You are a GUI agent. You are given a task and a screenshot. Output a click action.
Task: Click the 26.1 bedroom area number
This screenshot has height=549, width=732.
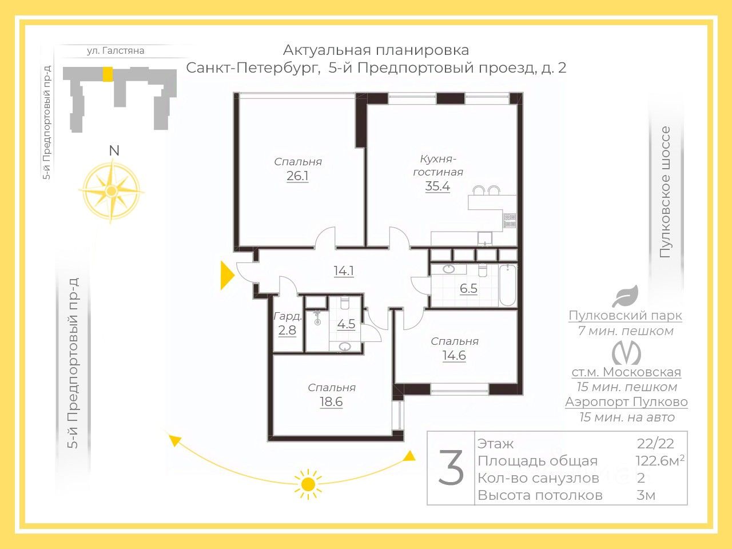point(297,176)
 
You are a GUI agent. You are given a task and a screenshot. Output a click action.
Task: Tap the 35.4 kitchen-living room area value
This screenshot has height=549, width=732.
point(437,186)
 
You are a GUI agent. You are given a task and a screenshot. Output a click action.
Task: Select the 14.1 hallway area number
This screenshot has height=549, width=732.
point(344,270)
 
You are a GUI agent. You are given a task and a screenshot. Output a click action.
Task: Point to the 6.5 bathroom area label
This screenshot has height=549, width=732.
point(468,288)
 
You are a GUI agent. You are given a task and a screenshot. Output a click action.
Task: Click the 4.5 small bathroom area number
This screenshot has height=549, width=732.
point(346,324)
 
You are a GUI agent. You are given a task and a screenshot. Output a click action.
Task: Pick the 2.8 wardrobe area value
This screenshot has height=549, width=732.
point(287,331)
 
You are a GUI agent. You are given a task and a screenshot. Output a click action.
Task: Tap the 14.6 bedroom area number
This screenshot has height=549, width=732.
point(454,355)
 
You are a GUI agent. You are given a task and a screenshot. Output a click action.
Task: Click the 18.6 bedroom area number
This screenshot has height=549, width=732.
point(331,401)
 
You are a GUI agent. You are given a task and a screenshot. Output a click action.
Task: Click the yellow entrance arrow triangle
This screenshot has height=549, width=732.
point(228,275)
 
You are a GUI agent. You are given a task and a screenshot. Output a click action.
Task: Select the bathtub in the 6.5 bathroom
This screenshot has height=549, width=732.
point(508,285)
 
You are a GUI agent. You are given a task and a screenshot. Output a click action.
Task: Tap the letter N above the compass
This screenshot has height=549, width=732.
point(114,150)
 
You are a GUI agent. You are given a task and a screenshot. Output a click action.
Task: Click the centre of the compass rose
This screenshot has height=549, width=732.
point(111,190)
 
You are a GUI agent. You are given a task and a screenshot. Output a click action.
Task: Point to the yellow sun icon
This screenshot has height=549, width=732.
point(308,484)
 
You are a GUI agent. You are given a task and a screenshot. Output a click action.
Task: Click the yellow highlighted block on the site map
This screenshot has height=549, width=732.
point(107,74)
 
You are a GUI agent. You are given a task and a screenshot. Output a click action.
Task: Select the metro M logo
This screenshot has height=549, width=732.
point(626,353)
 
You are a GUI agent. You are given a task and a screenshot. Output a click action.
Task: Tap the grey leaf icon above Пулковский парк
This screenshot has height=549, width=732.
point(625,296)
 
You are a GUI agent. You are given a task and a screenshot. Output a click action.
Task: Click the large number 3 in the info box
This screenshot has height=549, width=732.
point(451,467)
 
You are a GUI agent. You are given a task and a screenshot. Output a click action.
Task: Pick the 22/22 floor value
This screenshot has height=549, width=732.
point(655,444)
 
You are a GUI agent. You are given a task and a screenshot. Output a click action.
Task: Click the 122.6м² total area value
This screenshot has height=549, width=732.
point(660,461)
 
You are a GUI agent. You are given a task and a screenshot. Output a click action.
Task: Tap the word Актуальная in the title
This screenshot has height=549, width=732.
point(327,50)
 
